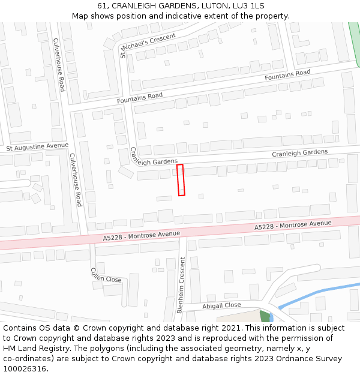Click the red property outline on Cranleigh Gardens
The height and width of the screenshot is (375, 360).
181,180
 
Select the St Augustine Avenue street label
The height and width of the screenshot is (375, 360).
37,146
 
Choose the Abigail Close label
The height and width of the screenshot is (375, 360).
221,305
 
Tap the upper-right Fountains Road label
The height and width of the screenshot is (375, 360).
287,76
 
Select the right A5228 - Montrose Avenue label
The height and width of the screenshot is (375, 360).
293,226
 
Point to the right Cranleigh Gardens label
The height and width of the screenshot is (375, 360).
299,153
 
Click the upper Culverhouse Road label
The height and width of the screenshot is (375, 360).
59,65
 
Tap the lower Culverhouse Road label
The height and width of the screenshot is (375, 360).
76,179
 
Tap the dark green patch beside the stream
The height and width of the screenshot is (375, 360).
265,316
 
